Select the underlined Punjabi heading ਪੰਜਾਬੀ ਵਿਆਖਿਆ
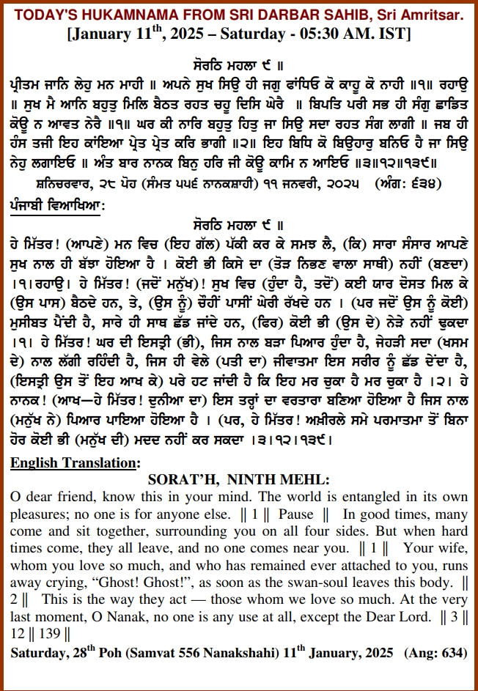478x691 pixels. [x=56, y=207]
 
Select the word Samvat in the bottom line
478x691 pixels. [x=151, y=652]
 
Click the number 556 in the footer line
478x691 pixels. [x=189, y=652]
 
